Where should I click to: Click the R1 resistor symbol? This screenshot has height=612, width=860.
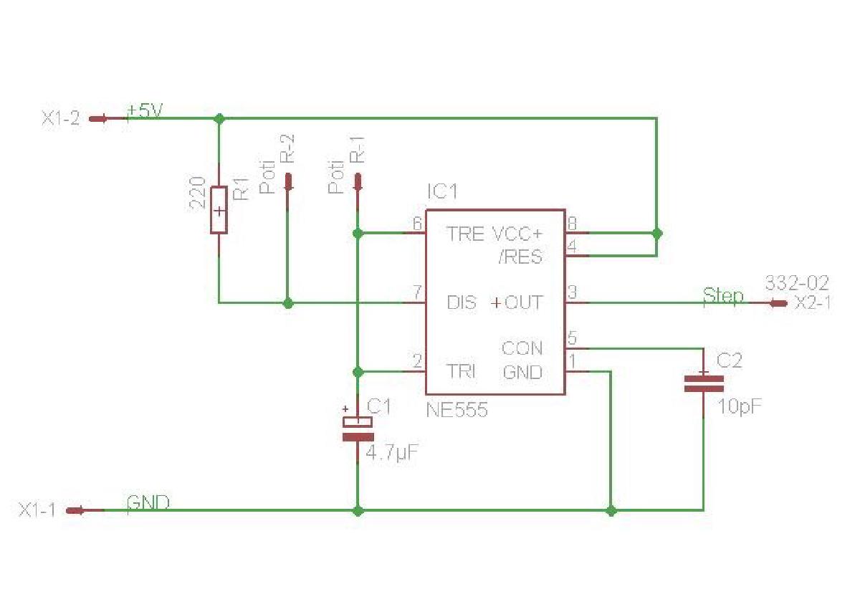click(219, 209)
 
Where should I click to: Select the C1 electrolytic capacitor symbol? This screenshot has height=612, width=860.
click(358, 429)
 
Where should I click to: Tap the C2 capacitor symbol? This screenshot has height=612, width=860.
click(703, 383)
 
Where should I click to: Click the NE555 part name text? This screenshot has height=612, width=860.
click(457, 411)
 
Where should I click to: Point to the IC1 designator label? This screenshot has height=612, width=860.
click(441, 193)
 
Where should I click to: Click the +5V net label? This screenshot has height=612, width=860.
click(145, 111)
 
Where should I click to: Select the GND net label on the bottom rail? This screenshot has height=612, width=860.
click(148, 502)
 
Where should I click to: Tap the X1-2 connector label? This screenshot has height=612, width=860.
click(61, 119)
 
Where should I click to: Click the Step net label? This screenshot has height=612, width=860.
click(722, 295)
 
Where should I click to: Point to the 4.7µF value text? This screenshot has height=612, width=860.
click(391, 453)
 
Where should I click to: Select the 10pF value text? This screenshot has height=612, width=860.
click(739, 406)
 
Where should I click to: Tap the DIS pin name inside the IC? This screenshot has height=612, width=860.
click(461, 302)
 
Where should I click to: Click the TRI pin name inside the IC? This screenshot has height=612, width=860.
click(461, 371)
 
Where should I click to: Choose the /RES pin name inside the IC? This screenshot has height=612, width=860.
click(520, 257)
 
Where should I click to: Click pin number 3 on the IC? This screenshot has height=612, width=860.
click(573, 292)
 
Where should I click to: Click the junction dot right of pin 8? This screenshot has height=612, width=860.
click(657, 233)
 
